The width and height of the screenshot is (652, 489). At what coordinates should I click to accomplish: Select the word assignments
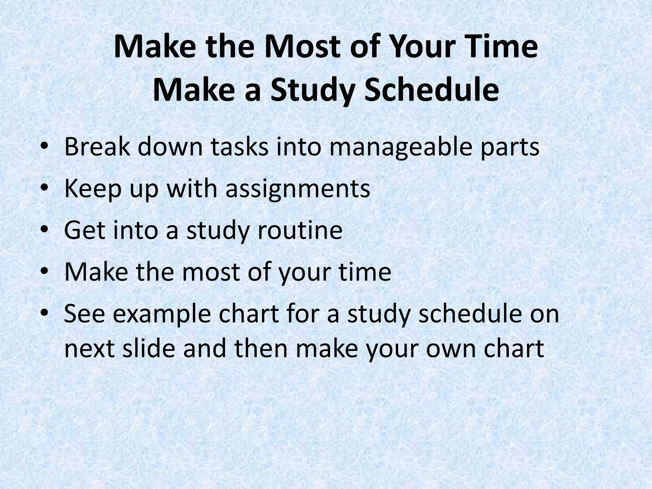point(298,189)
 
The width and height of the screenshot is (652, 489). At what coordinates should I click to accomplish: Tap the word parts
point(510,147)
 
